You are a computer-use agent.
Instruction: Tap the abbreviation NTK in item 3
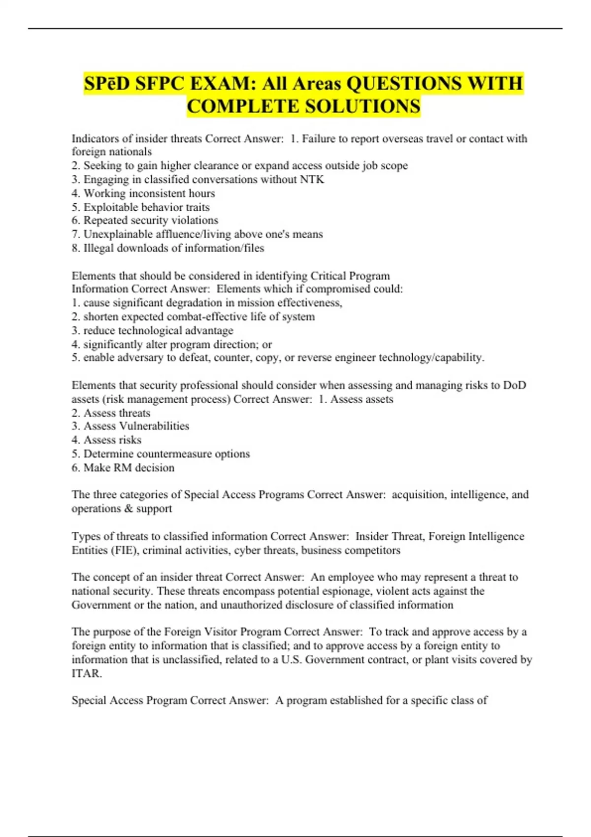pos(312,180)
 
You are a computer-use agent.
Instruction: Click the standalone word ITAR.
pos(86,673)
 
